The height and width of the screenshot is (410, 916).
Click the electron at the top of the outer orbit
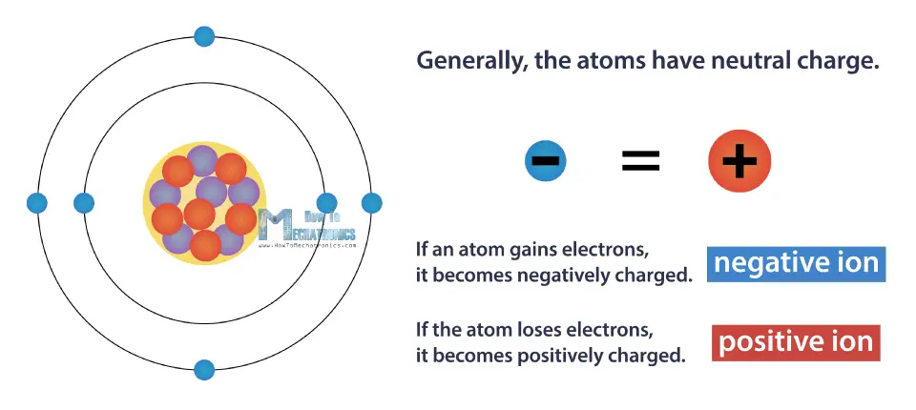[x=204, y=36]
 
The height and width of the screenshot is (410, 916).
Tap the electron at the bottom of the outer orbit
[x=204, y=370]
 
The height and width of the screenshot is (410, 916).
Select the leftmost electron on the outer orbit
[x=37, y=203]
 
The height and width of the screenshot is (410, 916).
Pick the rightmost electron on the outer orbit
[x=371, y=203]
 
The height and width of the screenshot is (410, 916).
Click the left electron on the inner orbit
[x=84, y=203]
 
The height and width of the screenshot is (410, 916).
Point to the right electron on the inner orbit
[x=326, y=203]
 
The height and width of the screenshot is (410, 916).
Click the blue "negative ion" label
[x=797, y=264]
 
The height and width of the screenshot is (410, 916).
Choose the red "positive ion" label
[x=796, y=342]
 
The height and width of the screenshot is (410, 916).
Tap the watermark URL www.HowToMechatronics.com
[x=307, y=245]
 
